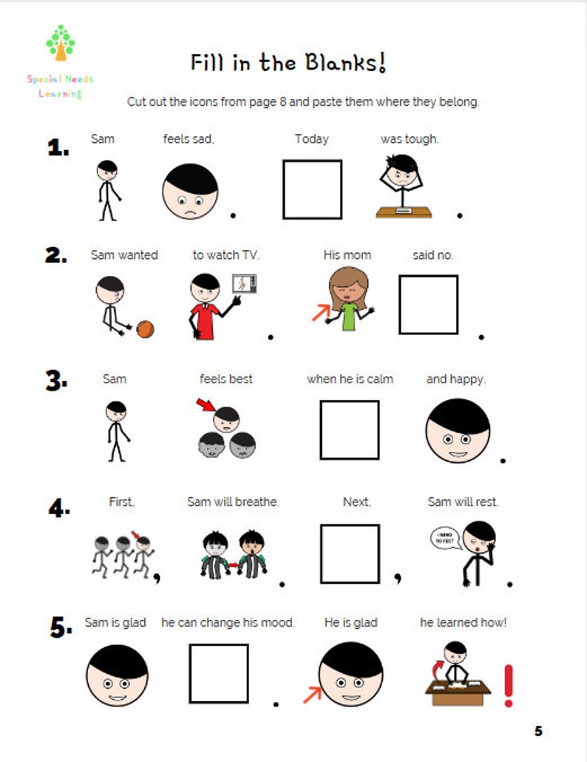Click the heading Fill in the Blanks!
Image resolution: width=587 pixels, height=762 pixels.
pos(288,63)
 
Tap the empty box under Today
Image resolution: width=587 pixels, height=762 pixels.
pos(312,189)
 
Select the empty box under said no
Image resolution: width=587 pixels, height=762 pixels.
pos(428,305)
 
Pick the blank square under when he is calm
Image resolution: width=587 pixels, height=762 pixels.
pos(349,430)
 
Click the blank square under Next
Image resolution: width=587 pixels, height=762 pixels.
pos(349,553)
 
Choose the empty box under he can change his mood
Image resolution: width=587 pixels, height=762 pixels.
pos(218,673)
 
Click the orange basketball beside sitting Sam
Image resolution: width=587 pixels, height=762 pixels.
pos(145,328)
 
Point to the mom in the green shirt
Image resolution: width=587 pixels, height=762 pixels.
pos(344,297)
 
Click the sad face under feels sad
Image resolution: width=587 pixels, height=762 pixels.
pos(191,191)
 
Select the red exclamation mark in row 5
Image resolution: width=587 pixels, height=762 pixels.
pos(508,684)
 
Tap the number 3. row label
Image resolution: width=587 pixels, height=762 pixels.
pos(57,380)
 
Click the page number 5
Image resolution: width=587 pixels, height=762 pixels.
pos(538,731)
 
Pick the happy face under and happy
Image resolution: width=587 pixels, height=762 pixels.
pos(458,431)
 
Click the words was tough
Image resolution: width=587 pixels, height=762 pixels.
pos(409,139)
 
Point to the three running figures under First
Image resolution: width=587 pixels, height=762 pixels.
pos(122,555)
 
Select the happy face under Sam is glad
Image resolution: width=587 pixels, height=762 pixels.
pos(117,674)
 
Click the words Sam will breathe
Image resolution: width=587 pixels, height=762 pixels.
pos(233,502)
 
